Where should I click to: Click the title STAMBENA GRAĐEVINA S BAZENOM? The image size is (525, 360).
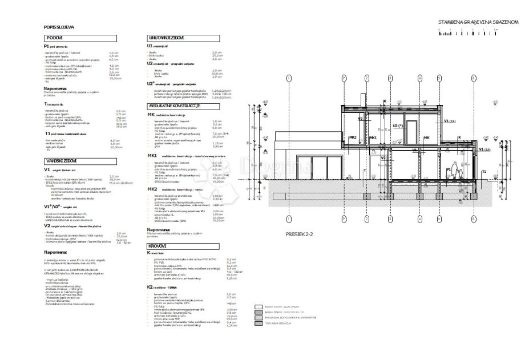point(478,22)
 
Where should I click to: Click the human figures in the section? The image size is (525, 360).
point(451,172)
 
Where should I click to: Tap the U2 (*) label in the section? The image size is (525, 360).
point(398,126)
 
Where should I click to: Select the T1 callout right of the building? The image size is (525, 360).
point(484,171)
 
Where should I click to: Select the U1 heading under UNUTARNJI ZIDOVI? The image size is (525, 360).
point(150,45)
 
